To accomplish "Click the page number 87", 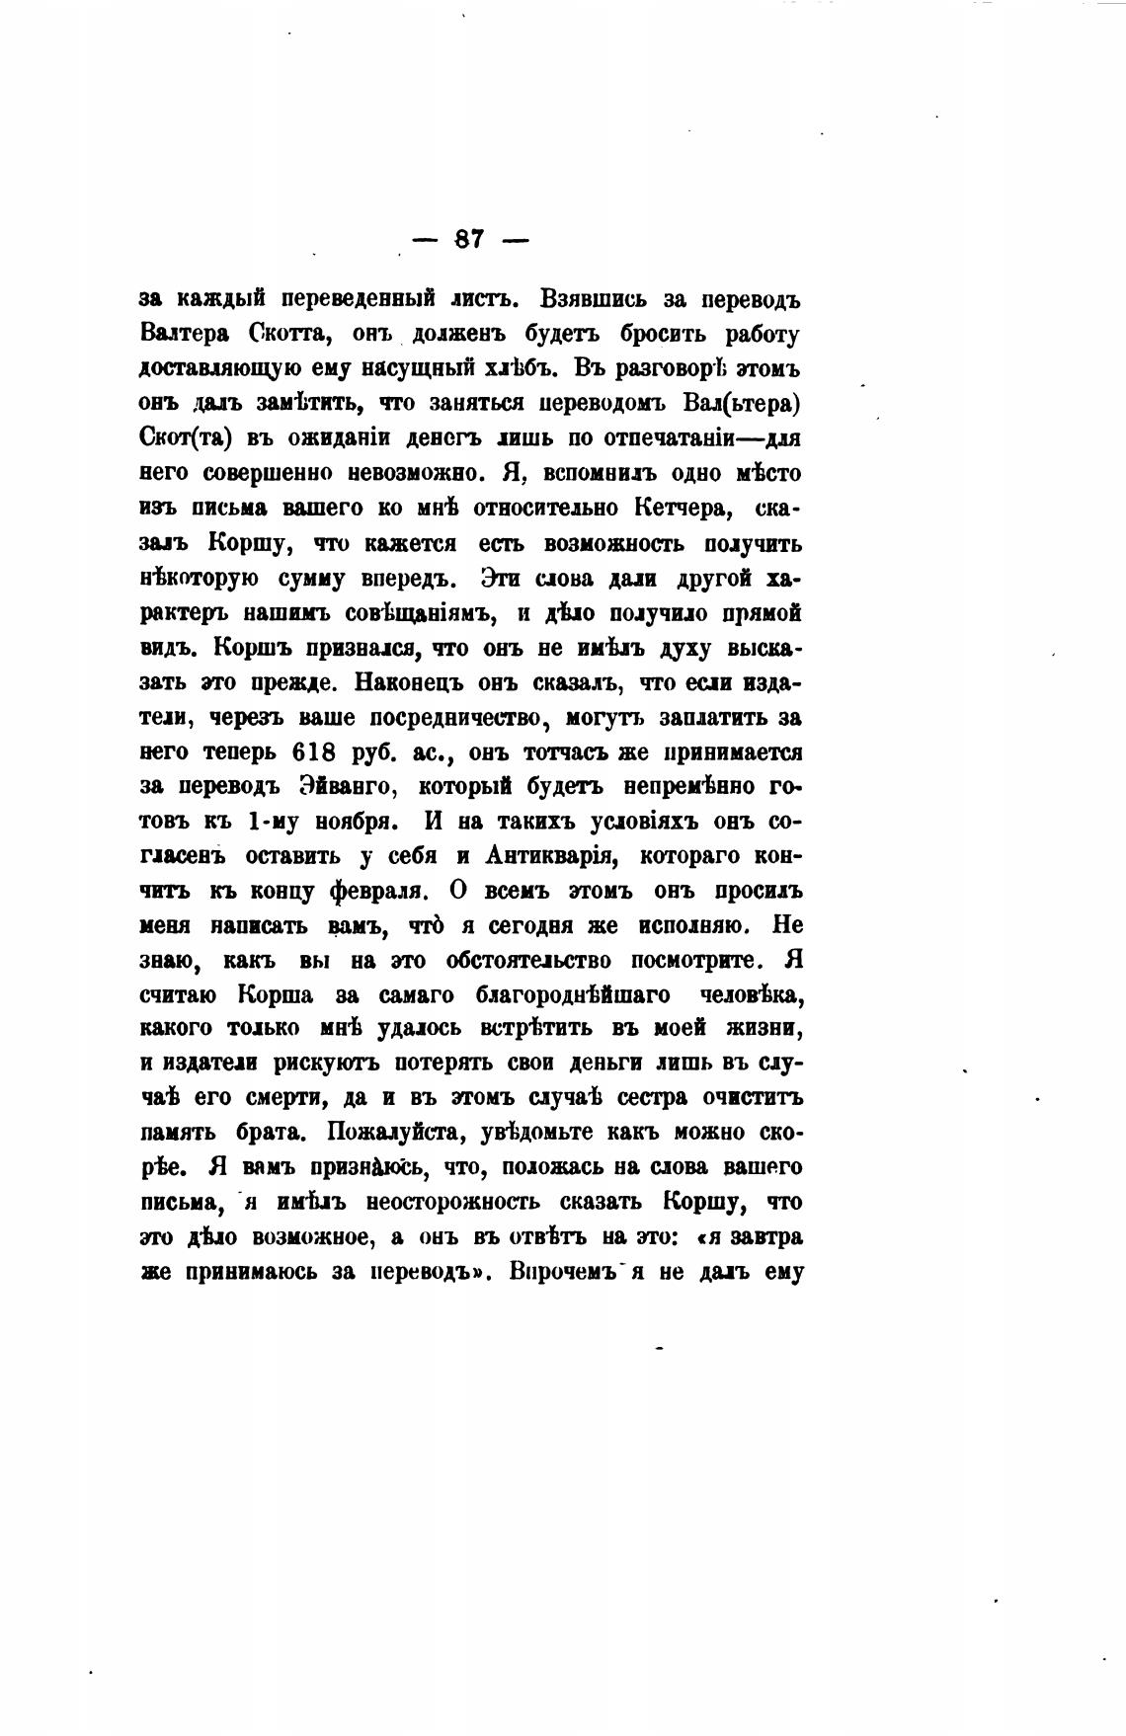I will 468,239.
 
